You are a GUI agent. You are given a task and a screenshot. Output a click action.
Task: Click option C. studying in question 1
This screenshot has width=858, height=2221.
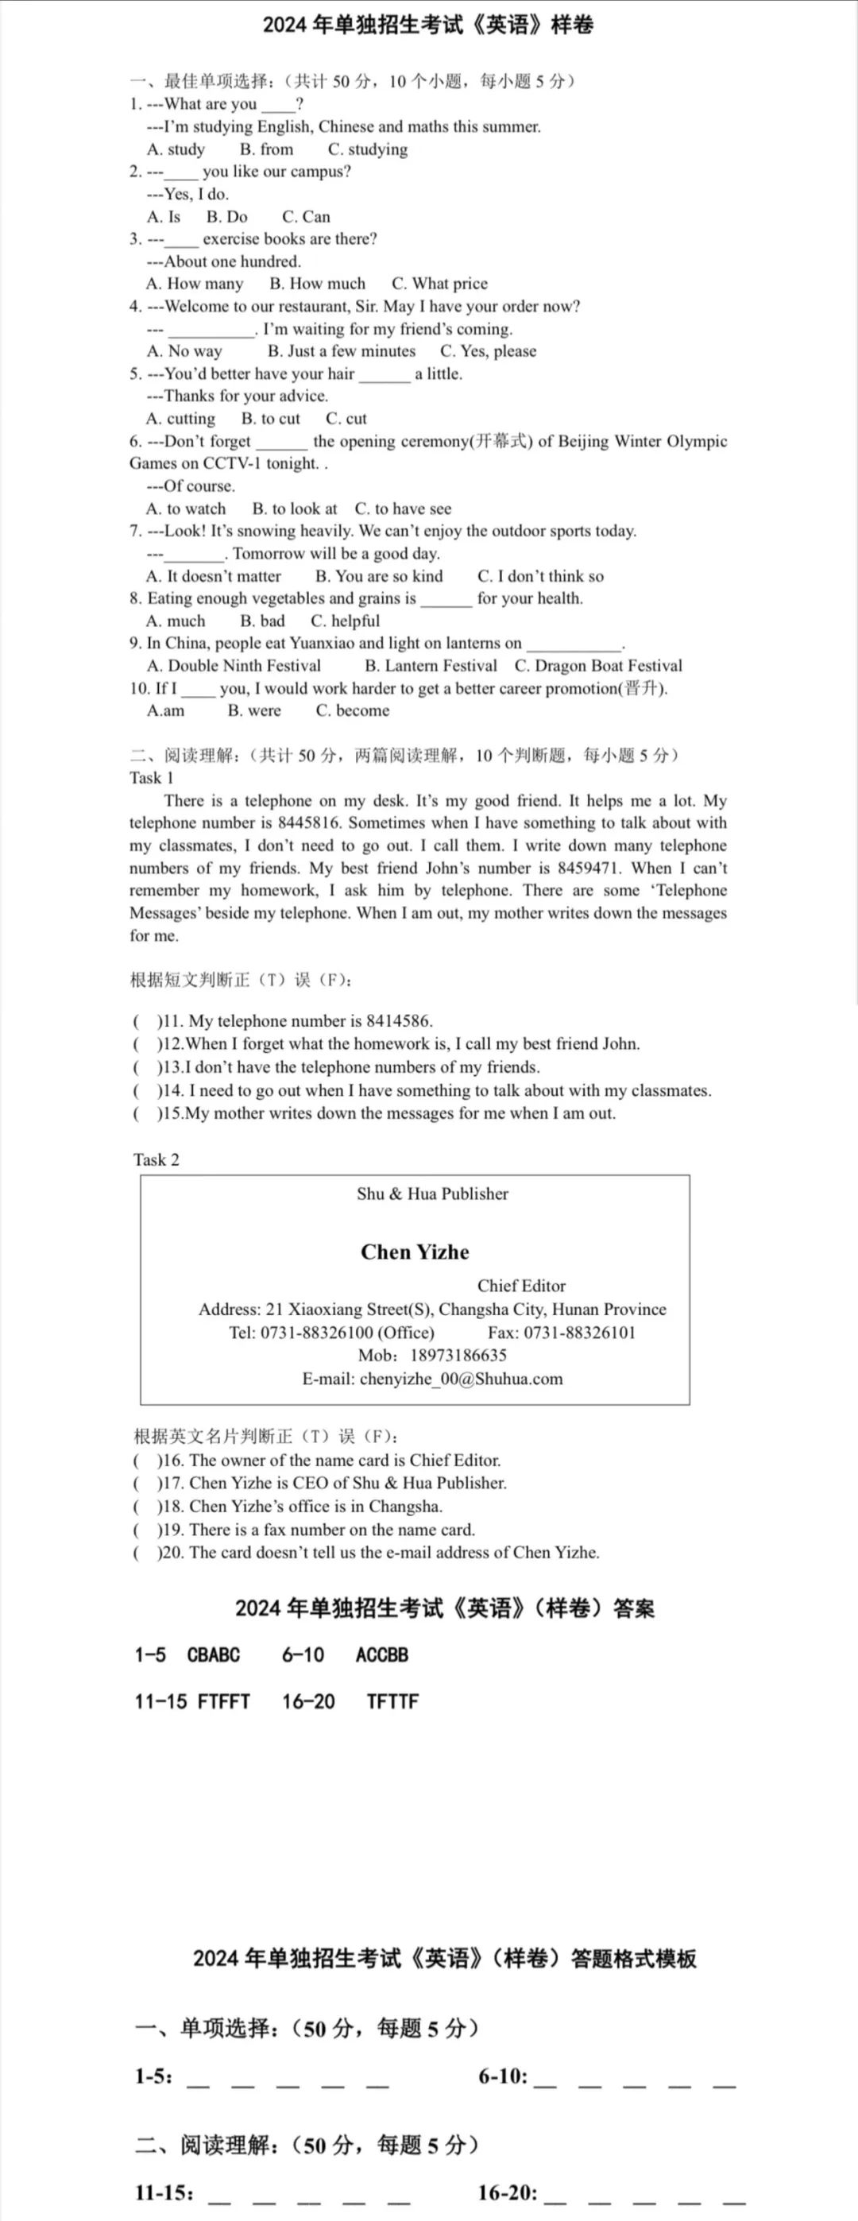click(367, 149)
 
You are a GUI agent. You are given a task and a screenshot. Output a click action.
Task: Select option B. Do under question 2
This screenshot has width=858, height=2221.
click(226, 216)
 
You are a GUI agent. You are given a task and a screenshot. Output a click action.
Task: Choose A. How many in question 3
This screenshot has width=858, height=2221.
click(195, 284)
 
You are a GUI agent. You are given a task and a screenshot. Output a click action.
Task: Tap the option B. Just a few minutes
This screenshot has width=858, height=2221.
click(342, 351)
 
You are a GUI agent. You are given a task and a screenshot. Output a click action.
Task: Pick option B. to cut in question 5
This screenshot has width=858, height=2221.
click(271, 418)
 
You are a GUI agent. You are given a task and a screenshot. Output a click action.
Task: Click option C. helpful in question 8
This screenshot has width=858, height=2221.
click(345, 621)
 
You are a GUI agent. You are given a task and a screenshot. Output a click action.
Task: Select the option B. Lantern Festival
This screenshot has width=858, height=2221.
click(431, 666)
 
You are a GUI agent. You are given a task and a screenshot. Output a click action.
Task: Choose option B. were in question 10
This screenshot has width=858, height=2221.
click(254, 710)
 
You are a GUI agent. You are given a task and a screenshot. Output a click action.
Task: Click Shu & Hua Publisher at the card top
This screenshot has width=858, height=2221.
click(432, 1194)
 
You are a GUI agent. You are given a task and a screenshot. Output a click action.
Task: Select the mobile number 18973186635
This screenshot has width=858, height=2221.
click(458, 1356)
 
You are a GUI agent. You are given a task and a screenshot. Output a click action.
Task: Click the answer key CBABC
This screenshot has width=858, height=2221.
click(213, 1654)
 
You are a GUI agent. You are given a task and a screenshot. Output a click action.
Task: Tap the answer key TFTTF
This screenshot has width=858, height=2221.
click(392, 1701)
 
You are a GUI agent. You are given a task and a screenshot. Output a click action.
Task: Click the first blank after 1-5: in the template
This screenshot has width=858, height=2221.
click(199, 2079)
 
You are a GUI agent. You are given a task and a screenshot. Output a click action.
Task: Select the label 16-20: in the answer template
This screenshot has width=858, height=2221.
click(508, 2192)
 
